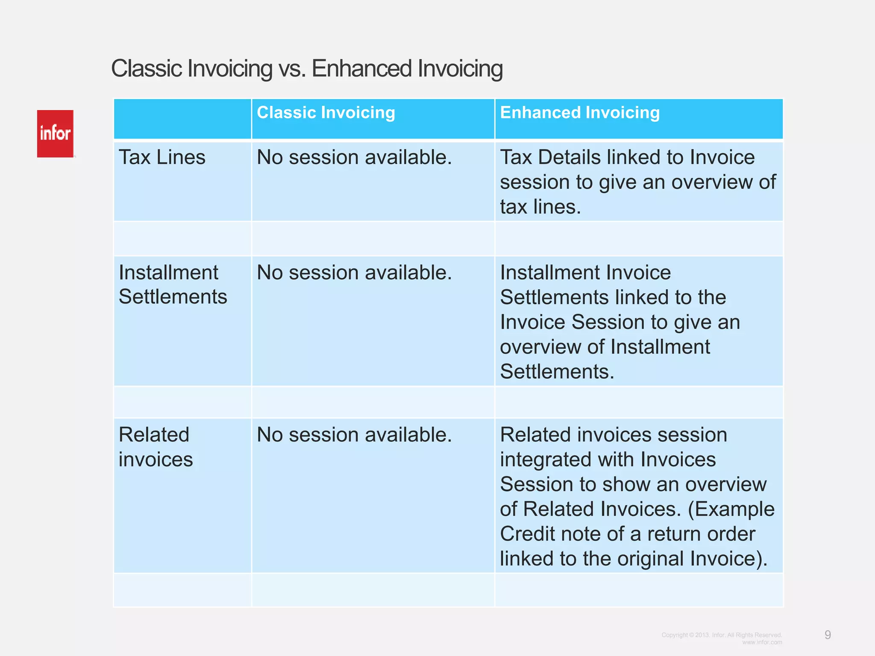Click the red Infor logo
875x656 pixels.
tap(55, 134)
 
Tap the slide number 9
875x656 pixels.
tap(828, 635)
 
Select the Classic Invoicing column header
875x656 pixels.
tap(326, 113)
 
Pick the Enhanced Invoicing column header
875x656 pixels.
tap(580, 113)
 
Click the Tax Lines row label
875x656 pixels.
tap(162, 157)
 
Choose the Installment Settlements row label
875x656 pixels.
tap(173, 284)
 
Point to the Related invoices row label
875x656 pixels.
tap(156, 447)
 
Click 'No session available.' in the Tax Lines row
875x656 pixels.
tap(354, 157)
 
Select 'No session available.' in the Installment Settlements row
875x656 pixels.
tap(354, 272)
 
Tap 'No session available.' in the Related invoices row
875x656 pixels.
tap(354, 435)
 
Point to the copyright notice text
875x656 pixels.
tap(722, 635)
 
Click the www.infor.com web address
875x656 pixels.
tap(762, 642)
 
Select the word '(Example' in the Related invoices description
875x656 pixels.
tap(731, 509)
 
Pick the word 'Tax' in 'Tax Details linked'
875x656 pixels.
tap(515, 157)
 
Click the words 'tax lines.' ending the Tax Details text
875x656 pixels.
tap(540, 207)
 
